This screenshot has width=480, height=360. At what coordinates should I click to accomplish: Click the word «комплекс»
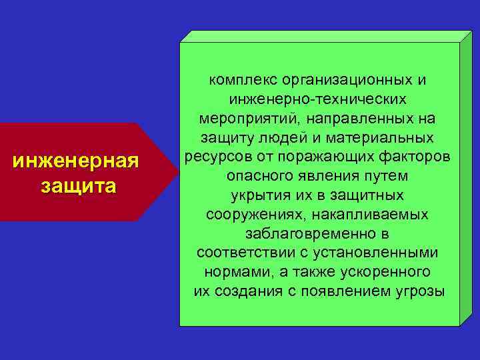coord(243,80)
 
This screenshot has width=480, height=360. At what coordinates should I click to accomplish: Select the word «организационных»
coord(347,80)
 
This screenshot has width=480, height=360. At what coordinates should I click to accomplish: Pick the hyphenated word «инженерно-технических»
coord(317,99)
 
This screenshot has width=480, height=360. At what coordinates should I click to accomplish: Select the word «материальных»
coord(388,138)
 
